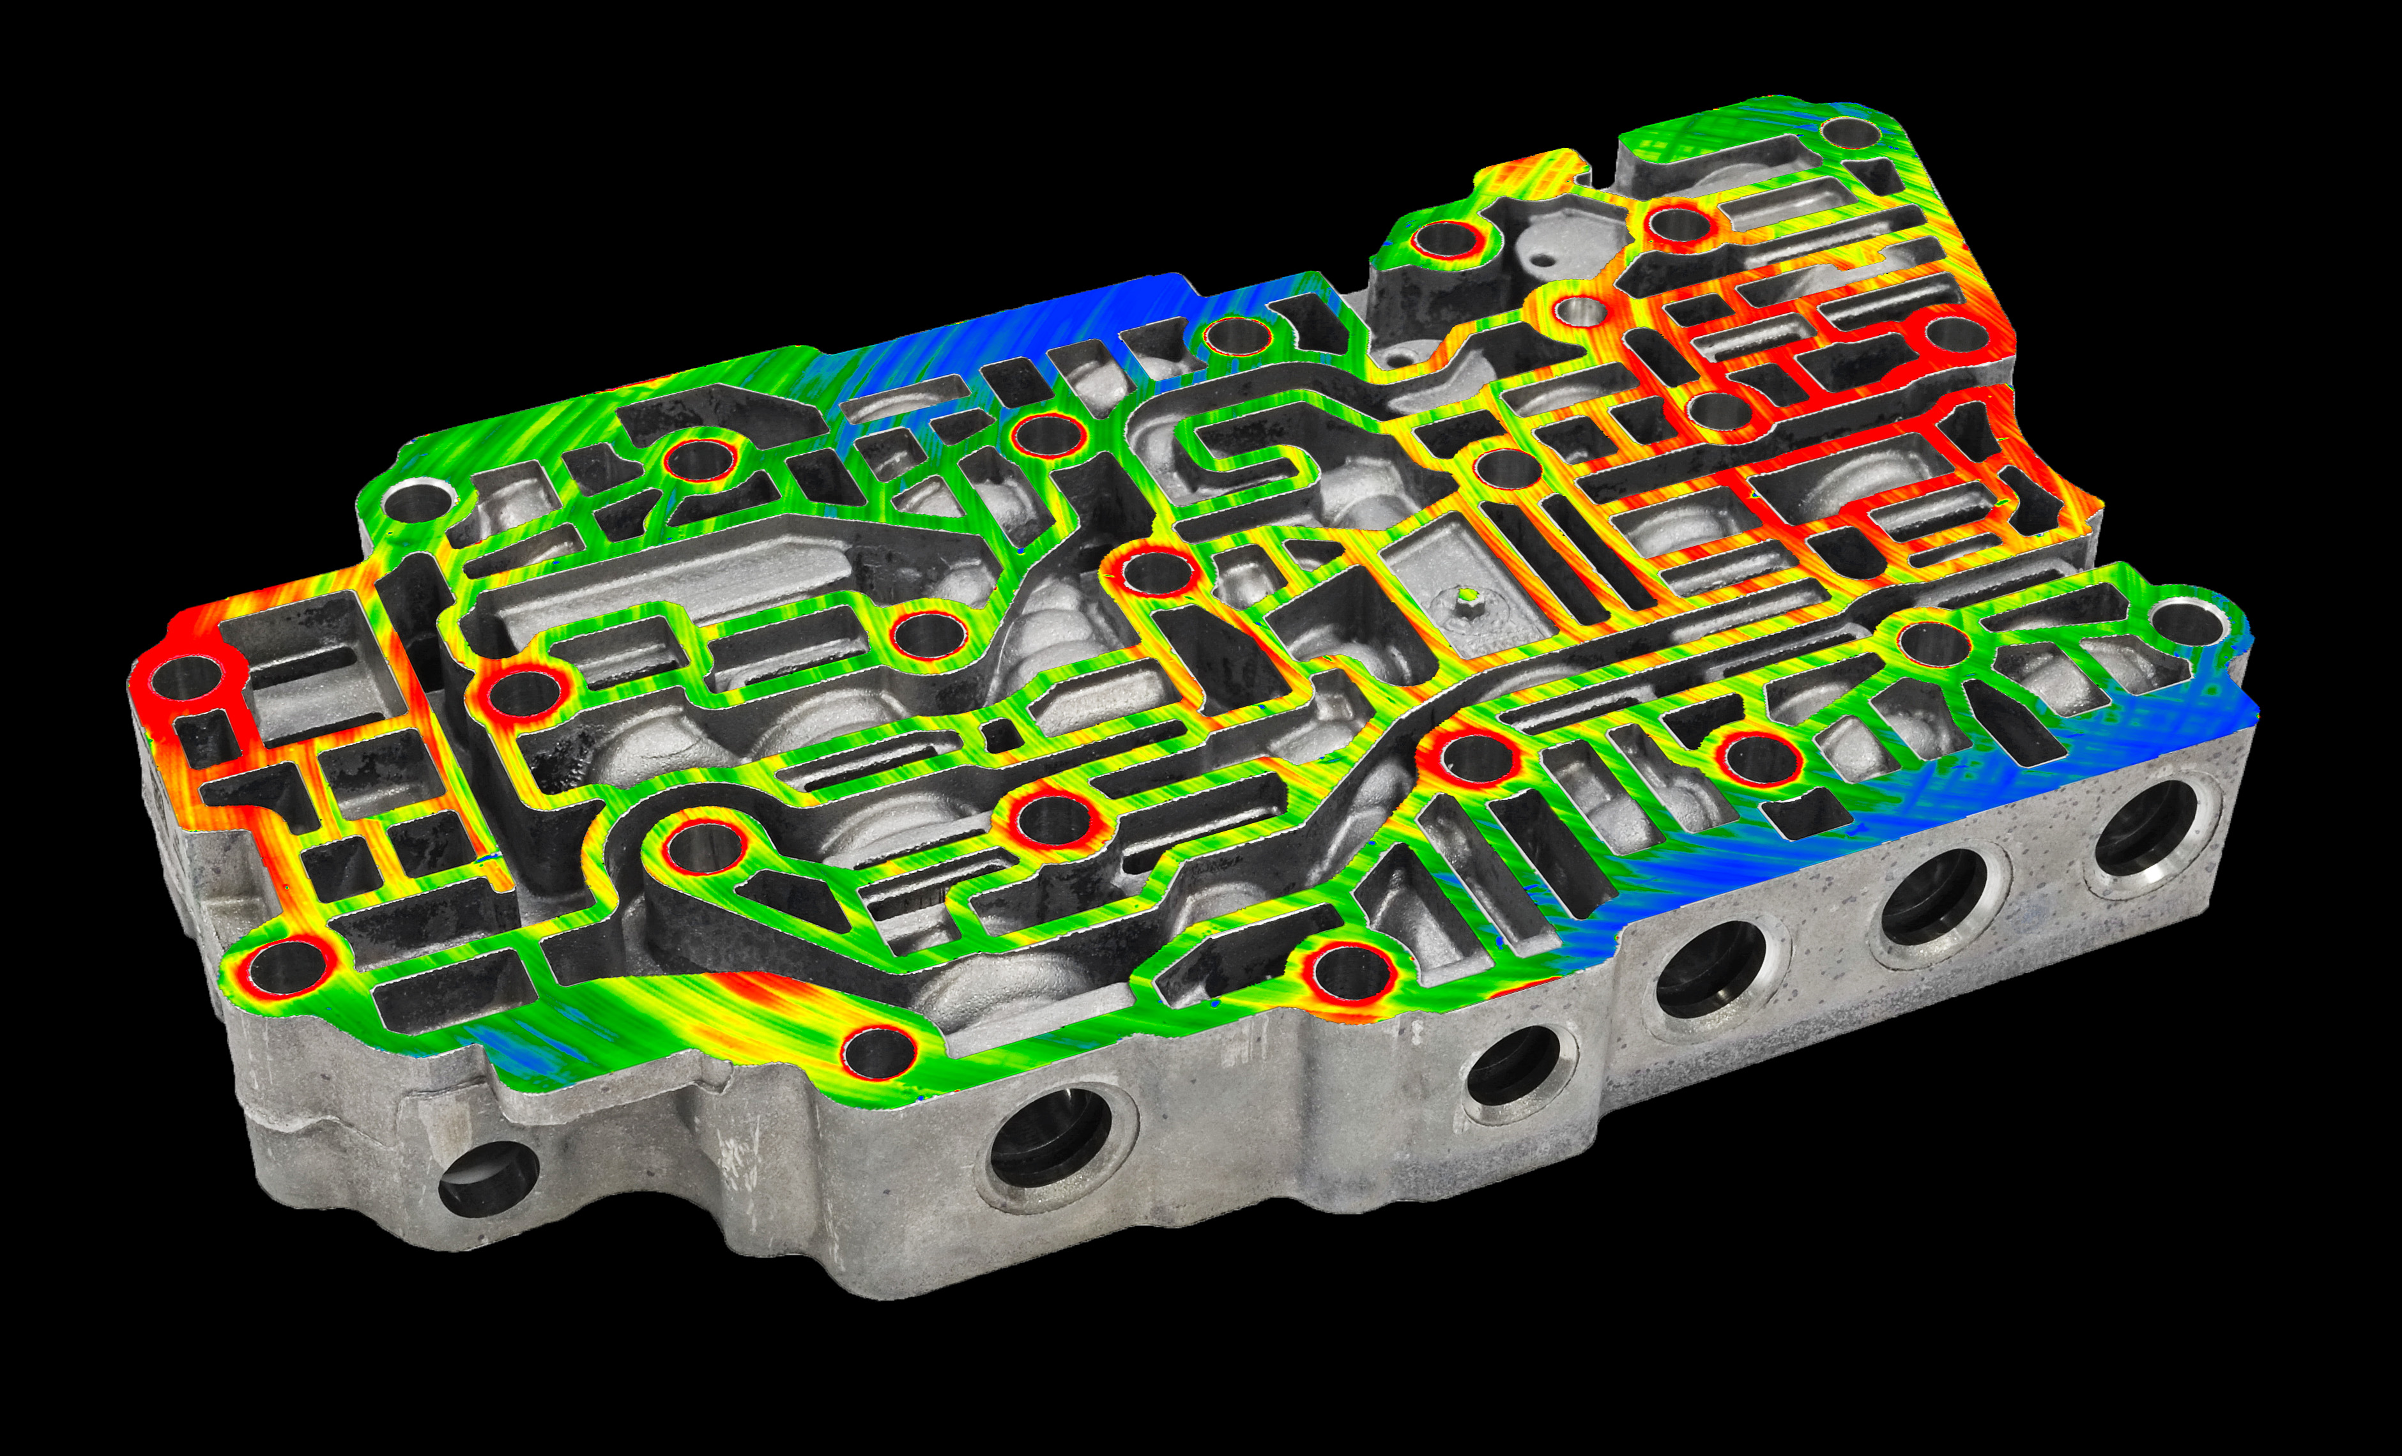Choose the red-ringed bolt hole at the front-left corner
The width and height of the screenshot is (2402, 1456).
[x=285, y=967]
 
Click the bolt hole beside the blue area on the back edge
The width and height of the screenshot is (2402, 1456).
[x=1236, y=337]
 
